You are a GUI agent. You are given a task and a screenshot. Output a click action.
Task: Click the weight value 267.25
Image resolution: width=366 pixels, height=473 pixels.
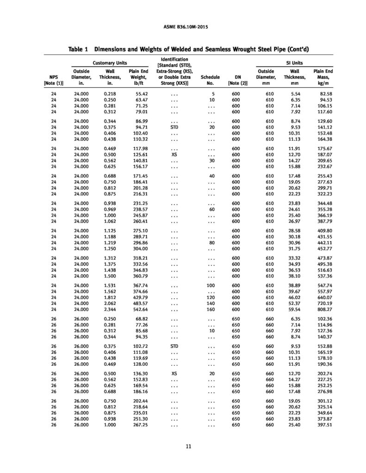tap(139, 425)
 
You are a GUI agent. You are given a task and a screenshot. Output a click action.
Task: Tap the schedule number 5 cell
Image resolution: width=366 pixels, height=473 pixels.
tap(213, 94)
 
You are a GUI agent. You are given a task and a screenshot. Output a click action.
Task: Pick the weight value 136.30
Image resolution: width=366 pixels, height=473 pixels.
tap(139, 373)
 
